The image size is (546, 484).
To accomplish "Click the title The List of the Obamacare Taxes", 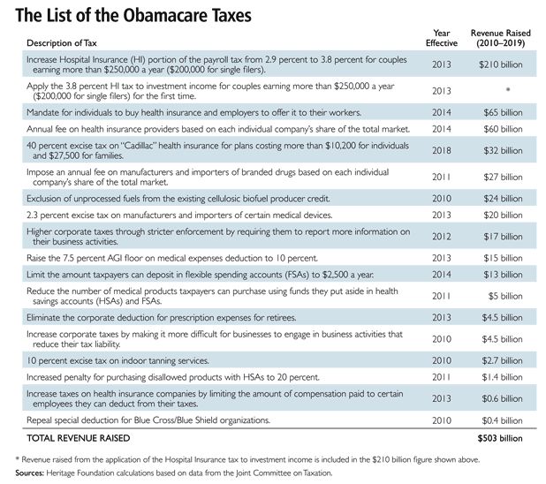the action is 133,16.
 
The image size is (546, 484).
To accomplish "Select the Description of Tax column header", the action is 62,43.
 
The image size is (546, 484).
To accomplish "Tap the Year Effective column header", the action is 442,38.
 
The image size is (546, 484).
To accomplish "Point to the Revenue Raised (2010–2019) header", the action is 501,38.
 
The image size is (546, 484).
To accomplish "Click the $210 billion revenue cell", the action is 501,64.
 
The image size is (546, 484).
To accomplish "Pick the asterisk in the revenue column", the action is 508,89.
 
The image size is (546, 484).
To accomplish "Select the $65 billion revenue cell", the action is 504,112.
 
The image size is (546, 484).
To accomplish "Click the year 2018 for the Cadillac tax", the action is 442,150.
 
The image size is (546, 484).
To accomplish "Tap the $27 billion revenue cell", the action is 504,177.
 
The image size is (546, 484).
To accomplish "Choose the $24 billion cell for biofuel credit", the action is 504,199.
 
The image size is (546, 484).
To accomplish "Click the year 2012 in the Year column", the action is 442,237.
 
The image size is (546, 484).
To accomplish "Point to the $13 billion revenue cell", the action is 504,275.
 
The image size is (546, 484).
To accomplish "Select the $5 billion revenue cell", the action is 505,296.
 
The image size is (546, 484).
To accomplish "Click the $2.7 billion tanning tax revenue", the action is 502,360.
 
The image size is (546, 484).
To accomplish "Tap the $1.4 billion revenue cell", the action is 502,377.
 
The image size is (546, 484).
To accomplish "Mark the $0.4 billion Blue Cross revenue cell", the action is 502,420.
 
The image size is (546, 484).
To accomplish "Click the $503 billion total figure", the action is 500,438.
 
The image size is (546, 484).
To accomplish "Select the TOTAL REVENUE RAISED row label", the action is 79,438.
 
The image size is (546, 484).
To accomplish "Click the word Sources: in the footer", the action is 30,473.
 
